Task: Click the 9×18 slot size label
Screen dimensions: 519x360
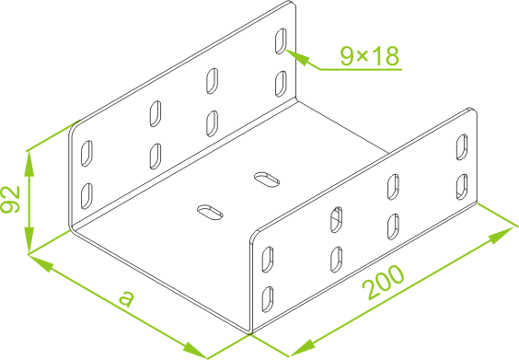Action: coord(370,55)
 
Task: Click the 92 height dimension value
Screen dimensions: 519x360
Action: coord(10,199)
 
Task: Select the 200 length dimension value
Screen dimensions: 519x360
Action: coord(383,282)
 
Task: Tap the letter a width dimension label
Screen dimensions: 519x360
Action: coord(126,297)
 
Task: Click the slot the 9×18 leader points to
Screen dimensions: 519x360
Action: coord(281,41)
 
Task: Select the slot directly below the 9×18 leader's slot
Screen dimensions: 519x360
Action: coord(281,84)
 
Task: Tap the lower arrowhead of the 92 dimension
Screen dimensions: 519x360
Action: coord(29,241)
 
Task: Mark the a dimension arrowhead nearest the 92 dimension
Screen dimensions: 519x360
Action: coord(41,262)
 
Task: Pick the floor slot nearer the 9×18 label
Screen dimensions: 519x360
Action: coord(267,180)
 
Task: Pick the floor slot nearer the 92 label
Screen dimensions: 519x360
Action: coord(210,213)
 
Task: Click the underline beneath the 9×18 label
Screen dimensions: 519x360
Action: coord(361,70)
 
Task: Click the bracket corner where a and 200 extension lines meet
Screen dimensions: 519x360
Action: coord(249,332)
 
